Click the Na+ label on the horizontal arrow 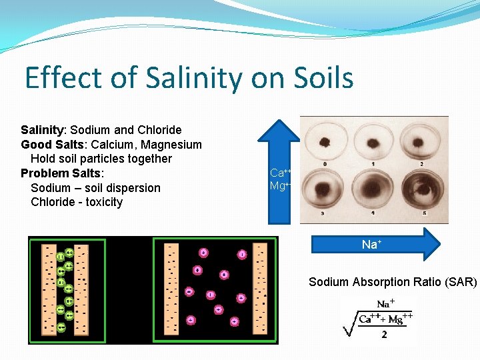click(x=371, y=245)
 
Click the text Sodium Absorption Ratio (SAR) click(x=393, y=282)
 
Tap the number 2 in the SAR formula click(x=384, y=335)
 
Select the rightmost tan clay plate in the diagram click(x=260, y=290)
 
